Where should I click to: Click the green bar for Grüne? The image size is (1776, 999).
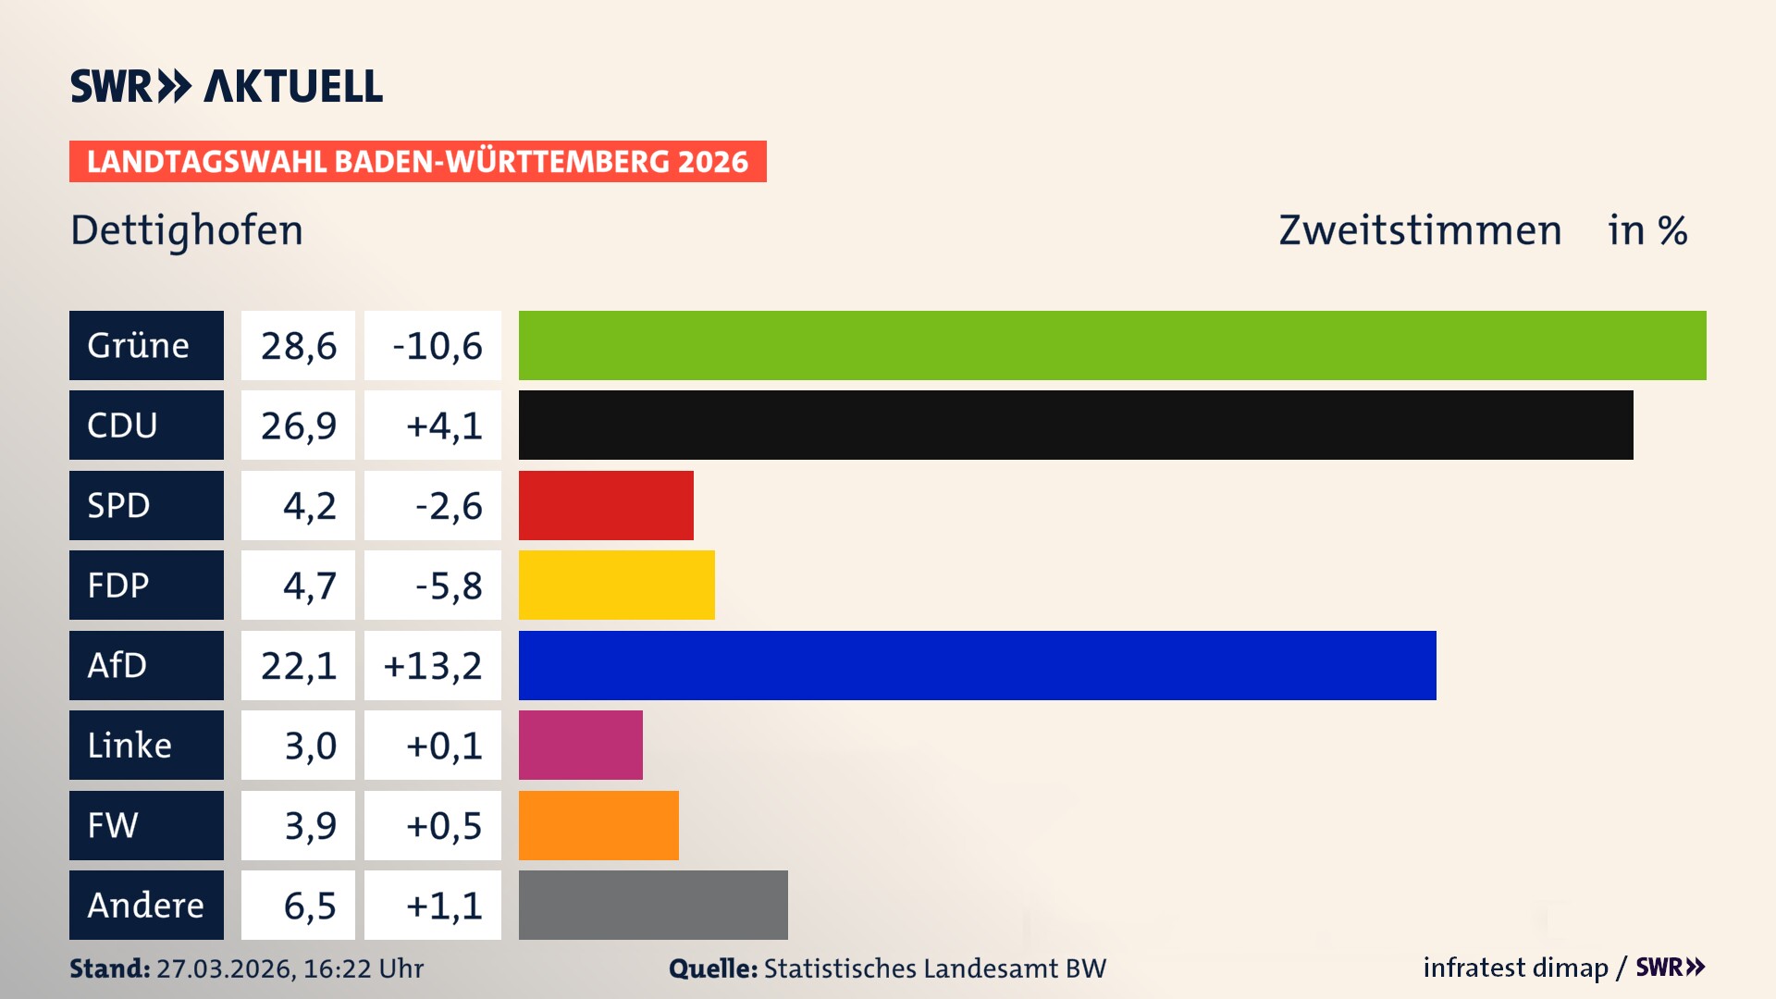click(x=1112, y=345)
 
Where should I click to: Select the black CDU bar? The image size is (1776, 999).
click(x=1076, y=425)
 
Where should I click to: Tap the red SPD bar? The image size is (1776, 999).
click(x=606, y=505)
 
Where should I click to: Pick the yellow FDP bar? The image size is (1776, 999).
click(x=616, y=585)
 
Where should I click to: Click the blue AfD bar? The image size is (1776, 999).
click(x=977, y=665)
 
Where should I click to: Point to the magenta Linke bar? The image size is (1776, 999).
click(x=580, y=745)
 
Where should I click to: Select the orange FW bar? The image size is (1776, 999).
click(x=598, y=825)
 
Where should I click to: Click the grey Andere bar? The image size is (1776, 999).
click(x=653, y=905)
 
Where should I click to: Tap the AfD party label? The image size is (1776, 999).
click(x=146, y=665)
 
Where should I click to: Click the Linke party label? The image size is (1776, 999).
click(x=146, y=745)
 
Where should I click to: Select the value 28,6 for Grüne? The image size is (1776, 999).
click(x=298, y=346)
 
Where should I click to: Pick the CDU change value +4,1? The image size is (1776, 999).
click(x=433, y=425)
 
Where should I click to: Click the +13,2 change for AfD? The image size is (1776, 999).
click(x=433, y=666)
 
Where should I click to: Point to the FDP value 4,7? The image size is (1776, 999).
click(x=298, y=586)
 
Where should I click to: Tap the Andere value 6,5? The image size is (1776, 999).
click(x=298, y=906)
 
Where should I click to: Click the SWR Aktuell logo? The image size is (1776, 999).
click(x=227, y=86)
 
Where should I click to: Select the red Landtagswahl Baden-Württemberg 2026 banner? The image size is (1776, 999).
click(x=417, y=161)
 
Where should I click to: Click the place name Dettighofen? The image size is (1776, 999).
click(x=187, y=230)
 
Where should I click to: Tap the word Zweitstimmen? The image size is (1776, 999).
click(x=1420, y=230)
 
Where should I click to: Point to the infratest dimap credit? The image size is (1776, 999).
click(x=1515, y=968)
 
